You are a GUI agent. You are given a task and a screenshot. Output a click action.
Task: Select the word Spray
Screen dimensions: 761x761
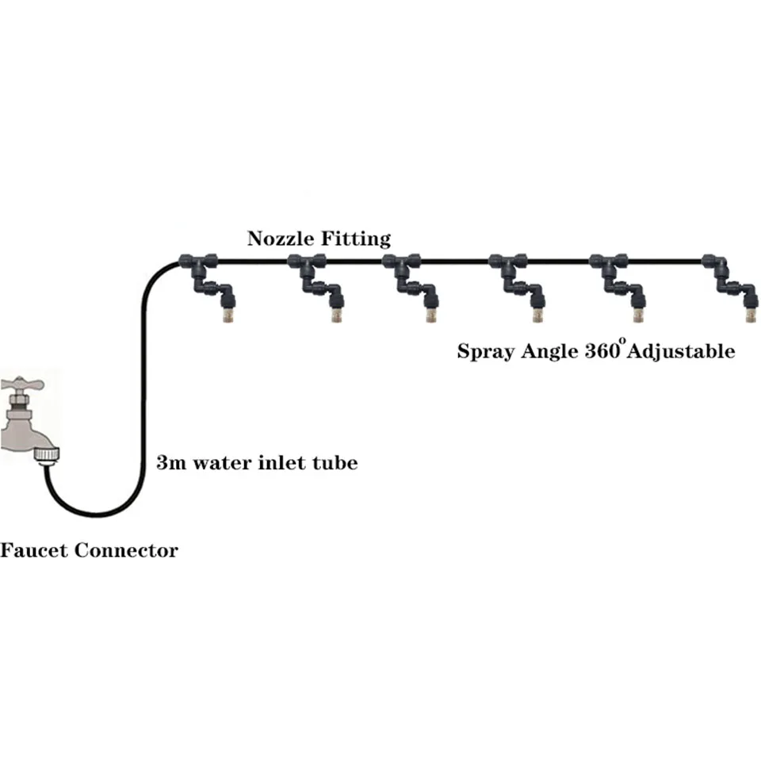click(484, 351)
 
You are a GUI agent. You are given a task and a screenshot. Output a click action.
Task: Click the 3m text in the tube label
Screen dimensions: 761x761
click(169, 463)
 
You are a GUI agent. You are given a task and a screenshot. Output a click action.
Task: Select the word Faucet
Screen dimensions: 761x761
click(33, 550)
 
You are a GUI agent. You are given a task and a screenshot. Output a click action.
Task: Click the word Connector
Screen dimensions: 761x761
click(127, 550)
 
